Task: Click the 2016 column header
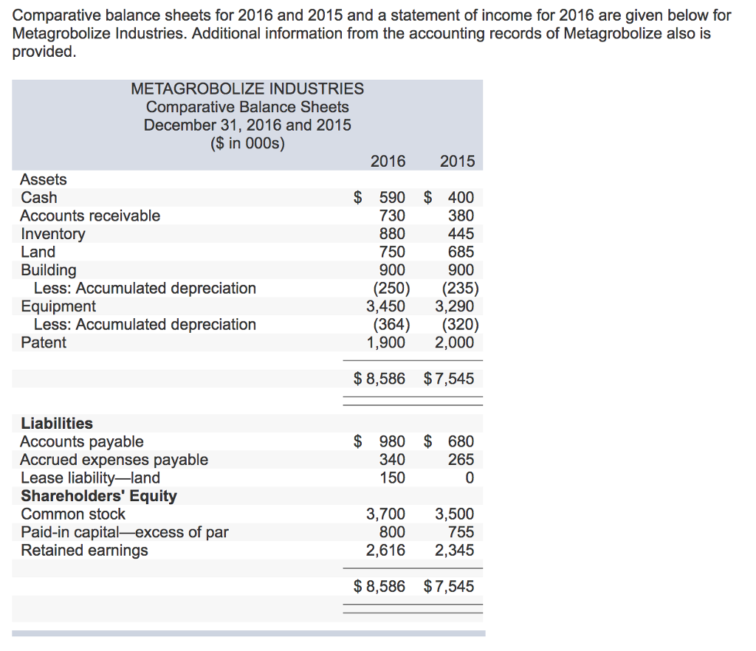388,162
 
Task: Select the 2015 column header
457,162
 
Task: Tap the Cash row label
39,198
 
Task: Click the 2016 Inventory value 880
392,234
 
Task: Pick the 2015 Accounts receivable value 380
461,216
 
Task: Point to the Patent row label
44,342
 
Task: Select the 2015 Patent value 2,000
455,342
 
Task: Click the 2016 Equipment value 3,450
386,306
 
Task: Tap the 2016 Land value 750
392,252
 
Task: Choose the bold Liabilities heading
57,424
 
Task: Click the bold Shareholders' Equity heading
99,496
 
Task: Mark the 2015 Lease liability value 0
469,478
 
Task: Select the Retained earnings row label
84,551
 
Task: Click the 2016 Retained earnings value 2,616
386,551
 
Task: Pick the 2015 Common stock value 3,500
455,514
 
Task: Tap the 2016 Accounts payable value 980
392,442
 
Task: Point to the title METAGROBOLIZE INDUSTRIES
247,89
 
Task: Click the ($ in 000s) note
247,143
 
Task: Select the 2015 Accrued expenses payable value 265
461,460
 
